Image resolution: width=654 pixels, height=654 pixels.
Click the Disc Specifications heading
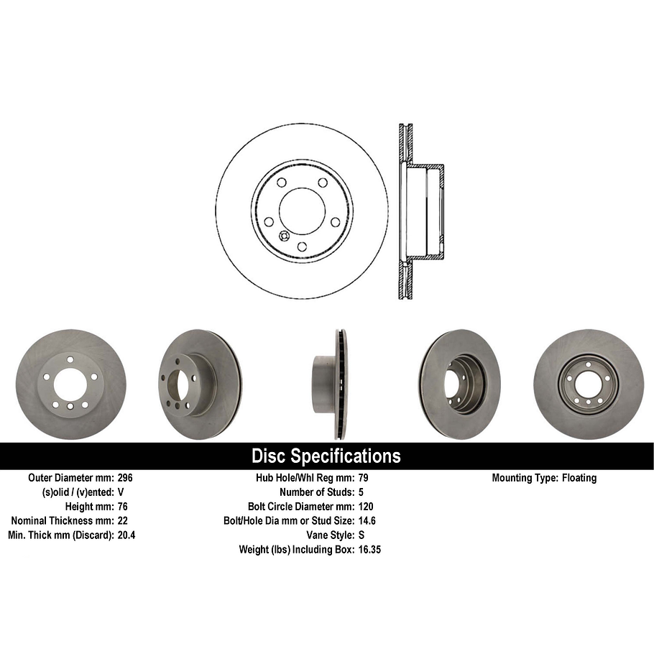click(x=326, y=456)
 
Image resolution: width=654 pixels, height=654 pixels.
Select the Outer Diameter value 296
click(x=125, y=478)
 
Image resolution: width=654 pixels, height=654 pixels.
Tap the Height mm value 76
click(x=123, y=507)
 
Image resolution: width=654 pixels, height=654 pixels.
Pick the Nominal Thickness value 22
click(x=123, y=521)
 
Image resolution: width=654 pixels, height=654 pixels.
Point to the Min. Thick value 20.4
click(x=126, y=535)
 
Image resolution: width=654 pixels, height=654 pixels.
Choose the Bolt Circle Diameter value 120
click(x=365, y=507)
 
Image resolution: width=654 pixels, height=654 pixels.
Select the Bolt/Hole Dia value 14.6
click(x=367, y=521)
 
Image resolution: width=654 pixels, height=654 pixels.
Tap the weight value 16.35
click(x=369, y=550)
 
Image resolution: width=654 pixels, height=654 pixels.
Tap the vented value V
click(x=121, y=492)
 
